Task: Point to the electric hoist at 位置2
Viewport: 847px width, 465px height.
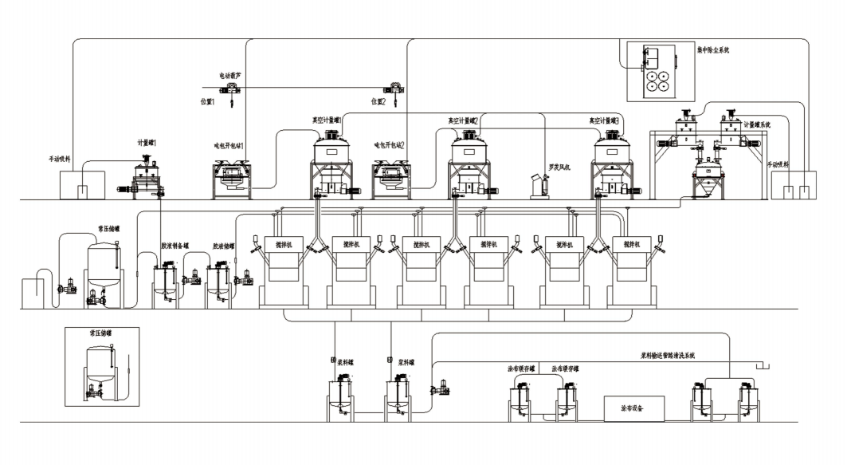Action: point(394,90)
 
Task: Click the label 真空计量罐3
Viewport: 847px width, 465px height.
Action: point(604,120)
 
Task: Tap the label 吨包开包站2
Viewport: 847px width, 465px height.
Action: point(390,146)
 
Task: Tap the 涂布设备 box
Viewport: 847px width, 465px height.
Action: point(632,408)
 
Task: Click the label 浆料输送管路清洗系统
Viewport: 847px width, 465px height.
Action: point(669,355)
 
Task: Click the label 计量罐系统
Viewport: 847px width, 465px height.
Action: point(758,124)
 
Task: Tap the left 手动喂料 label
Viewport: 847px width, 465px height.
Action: point(61,160)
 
